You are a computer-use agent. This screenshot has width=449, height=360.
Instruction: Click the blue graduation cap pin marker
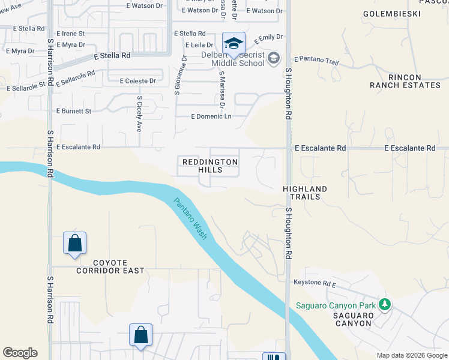click(x=234, y=43)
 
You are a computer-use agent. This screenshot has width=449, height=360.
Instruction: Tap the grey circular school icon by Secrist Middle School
click(x=274, y=58)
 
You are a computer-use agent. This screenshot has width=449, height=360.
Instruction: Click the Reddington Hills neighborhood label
click(x=210, y=166)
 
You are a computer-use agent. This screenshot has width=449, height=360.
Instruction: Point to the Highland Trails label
click(x=305, y=193)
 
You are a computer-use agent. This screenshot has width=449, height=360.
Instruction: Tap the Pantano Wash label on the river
click(x=190, y=219)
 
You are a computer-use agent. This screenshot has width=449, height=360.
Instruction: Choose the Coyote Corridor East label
click(x=110, y=266)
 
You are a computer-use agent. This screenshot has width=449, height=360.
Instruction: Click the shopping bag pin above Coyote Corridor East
click(x=74, y=244)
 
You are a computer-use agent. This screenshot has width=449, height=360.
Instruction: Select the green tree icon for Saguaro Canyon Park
click(x=384, y=305)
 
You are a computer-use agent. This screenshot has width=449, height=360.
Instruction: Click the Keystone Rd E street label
click(x=315, y=282)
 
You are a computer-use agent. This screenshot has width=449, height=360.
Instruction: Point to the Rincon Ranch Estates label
click(x=405, y=82)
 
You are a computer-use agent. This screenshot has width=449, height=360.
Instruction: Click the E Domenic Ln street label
click(x=211, y=116)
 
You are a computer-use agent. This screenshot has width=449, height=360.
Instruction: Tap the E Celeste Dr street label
click(x=137, y=80)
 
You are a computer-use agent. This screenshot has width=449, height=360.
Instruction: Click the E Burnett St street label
click(x=73, y=111)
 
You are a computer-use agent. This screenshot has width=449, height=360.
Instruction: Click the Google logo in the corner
click(x=20, y=353)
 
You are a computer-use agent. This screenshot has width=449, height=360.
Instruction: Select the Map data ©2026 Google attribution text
click(x=411, y=355)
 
